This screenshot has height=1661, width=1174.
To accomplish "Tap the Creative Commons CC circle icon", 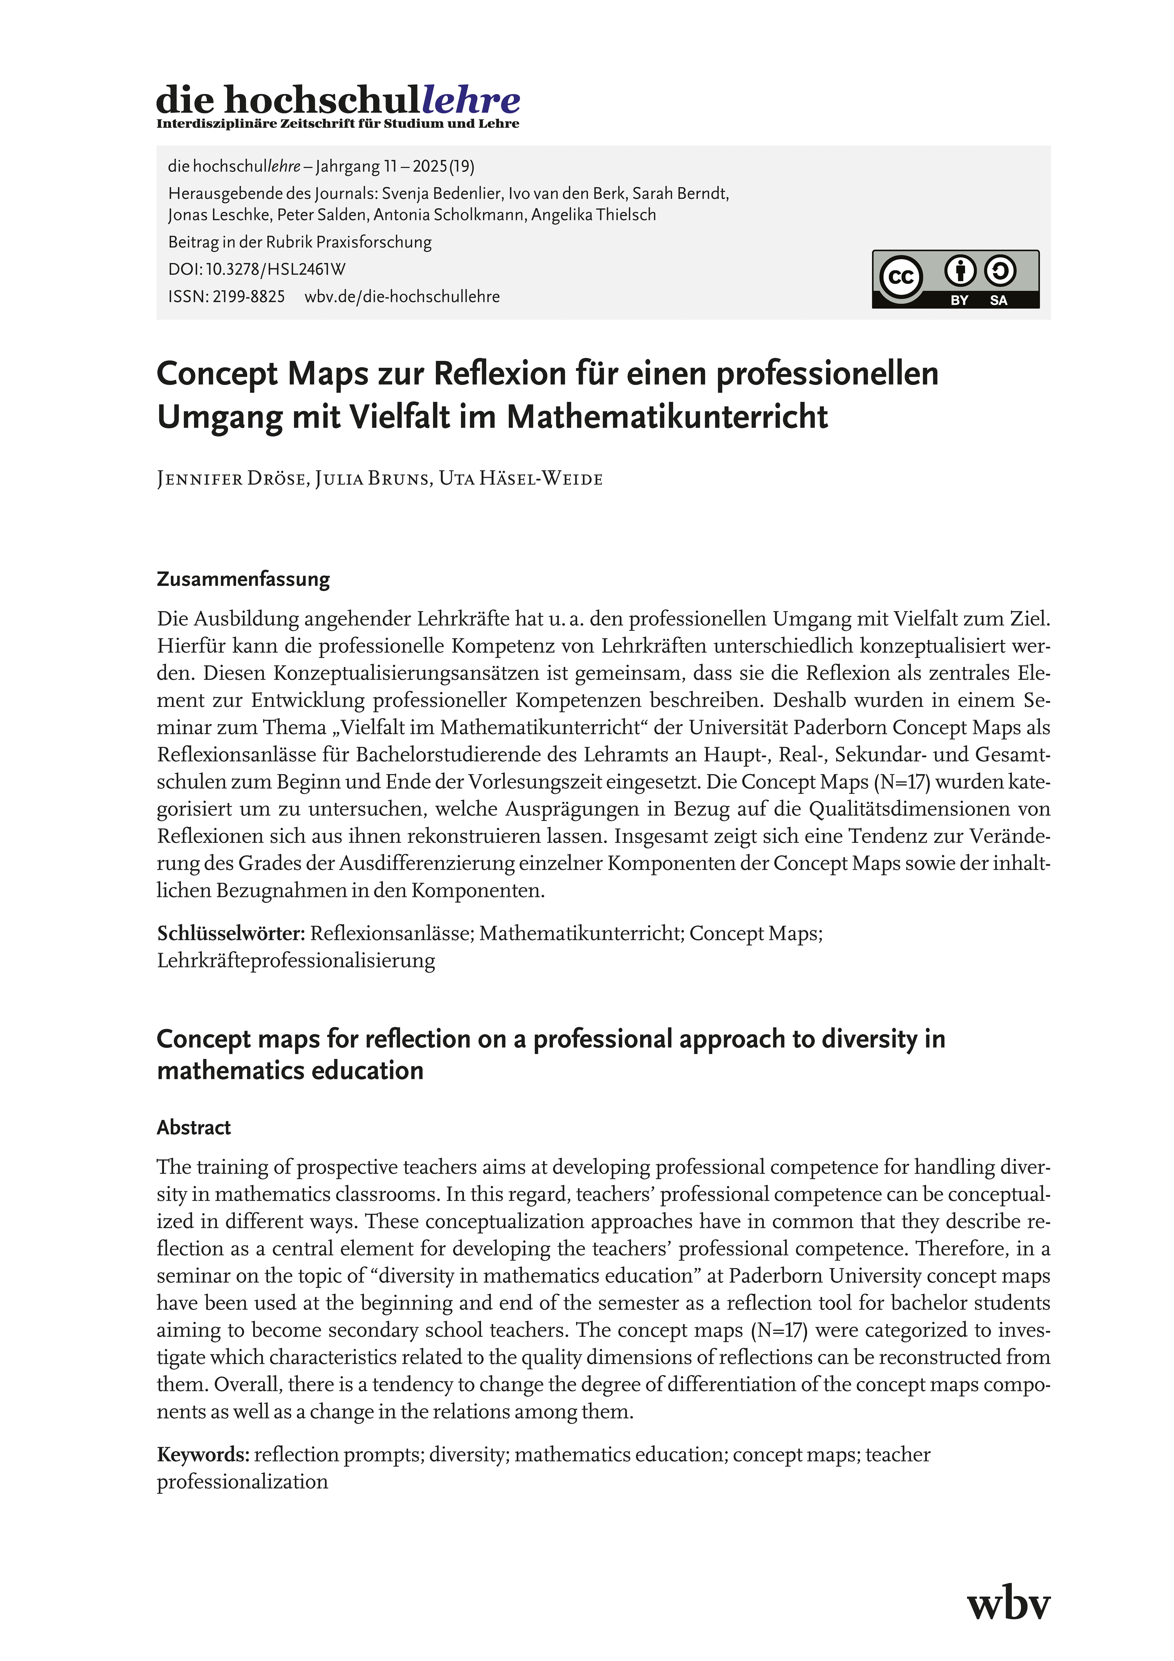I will tap(901, 277).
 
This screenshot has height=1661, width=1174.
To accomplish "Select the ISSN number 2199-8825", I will tap(248, 297).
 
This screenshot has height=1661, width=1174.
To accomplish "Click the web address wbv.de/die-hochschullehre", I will tap(402, 297).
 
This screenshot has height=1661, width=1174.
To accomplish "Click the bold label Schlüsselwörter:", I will tap(231, 933).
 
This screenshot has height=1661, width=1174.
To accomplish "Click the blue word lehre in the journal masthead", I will tap(471, 100).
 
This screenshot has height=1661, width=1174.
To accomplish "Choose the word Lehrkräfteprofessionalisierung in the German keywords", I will tap(296, 961).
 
